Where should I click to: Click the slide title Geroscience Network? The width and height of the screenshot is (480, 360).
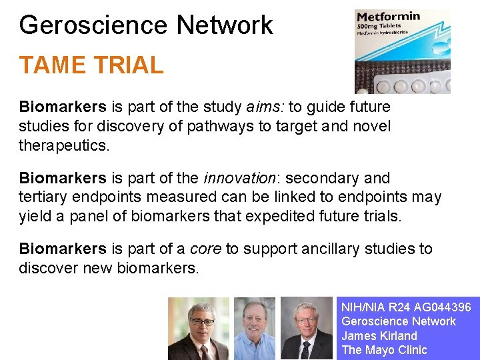point(146,25)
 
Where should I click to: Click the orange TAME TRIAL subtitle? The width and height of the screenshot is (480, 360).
point(91,65)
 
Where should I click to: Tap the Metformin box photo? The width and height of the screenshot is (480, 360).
point(402,51)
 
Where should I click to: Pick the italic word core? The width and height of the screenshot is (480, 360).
point(206,249)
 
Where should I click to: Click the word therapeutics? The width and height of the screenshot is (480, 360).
point(64,145)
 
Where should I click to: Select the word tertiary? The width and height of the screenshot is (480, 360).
point(44,197)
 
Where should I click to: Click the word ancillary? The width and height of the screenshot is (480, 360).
point(331,249)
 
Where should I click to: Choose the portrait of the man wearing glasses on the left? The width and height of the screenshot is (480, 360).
point(198,328)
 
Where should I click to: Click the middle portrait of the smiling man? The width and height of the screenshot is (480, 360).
point(255,328)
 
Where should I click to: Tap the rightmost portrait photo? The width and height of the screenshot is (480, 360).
point(306,328)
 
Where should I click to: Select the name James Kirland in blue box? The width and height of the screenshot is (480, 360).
point(379,336)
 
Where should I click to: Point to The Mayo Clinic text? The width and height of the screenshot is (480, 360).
point(384,350)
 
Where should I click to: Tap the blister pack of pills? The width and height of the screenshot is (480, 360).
point(413,84)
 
